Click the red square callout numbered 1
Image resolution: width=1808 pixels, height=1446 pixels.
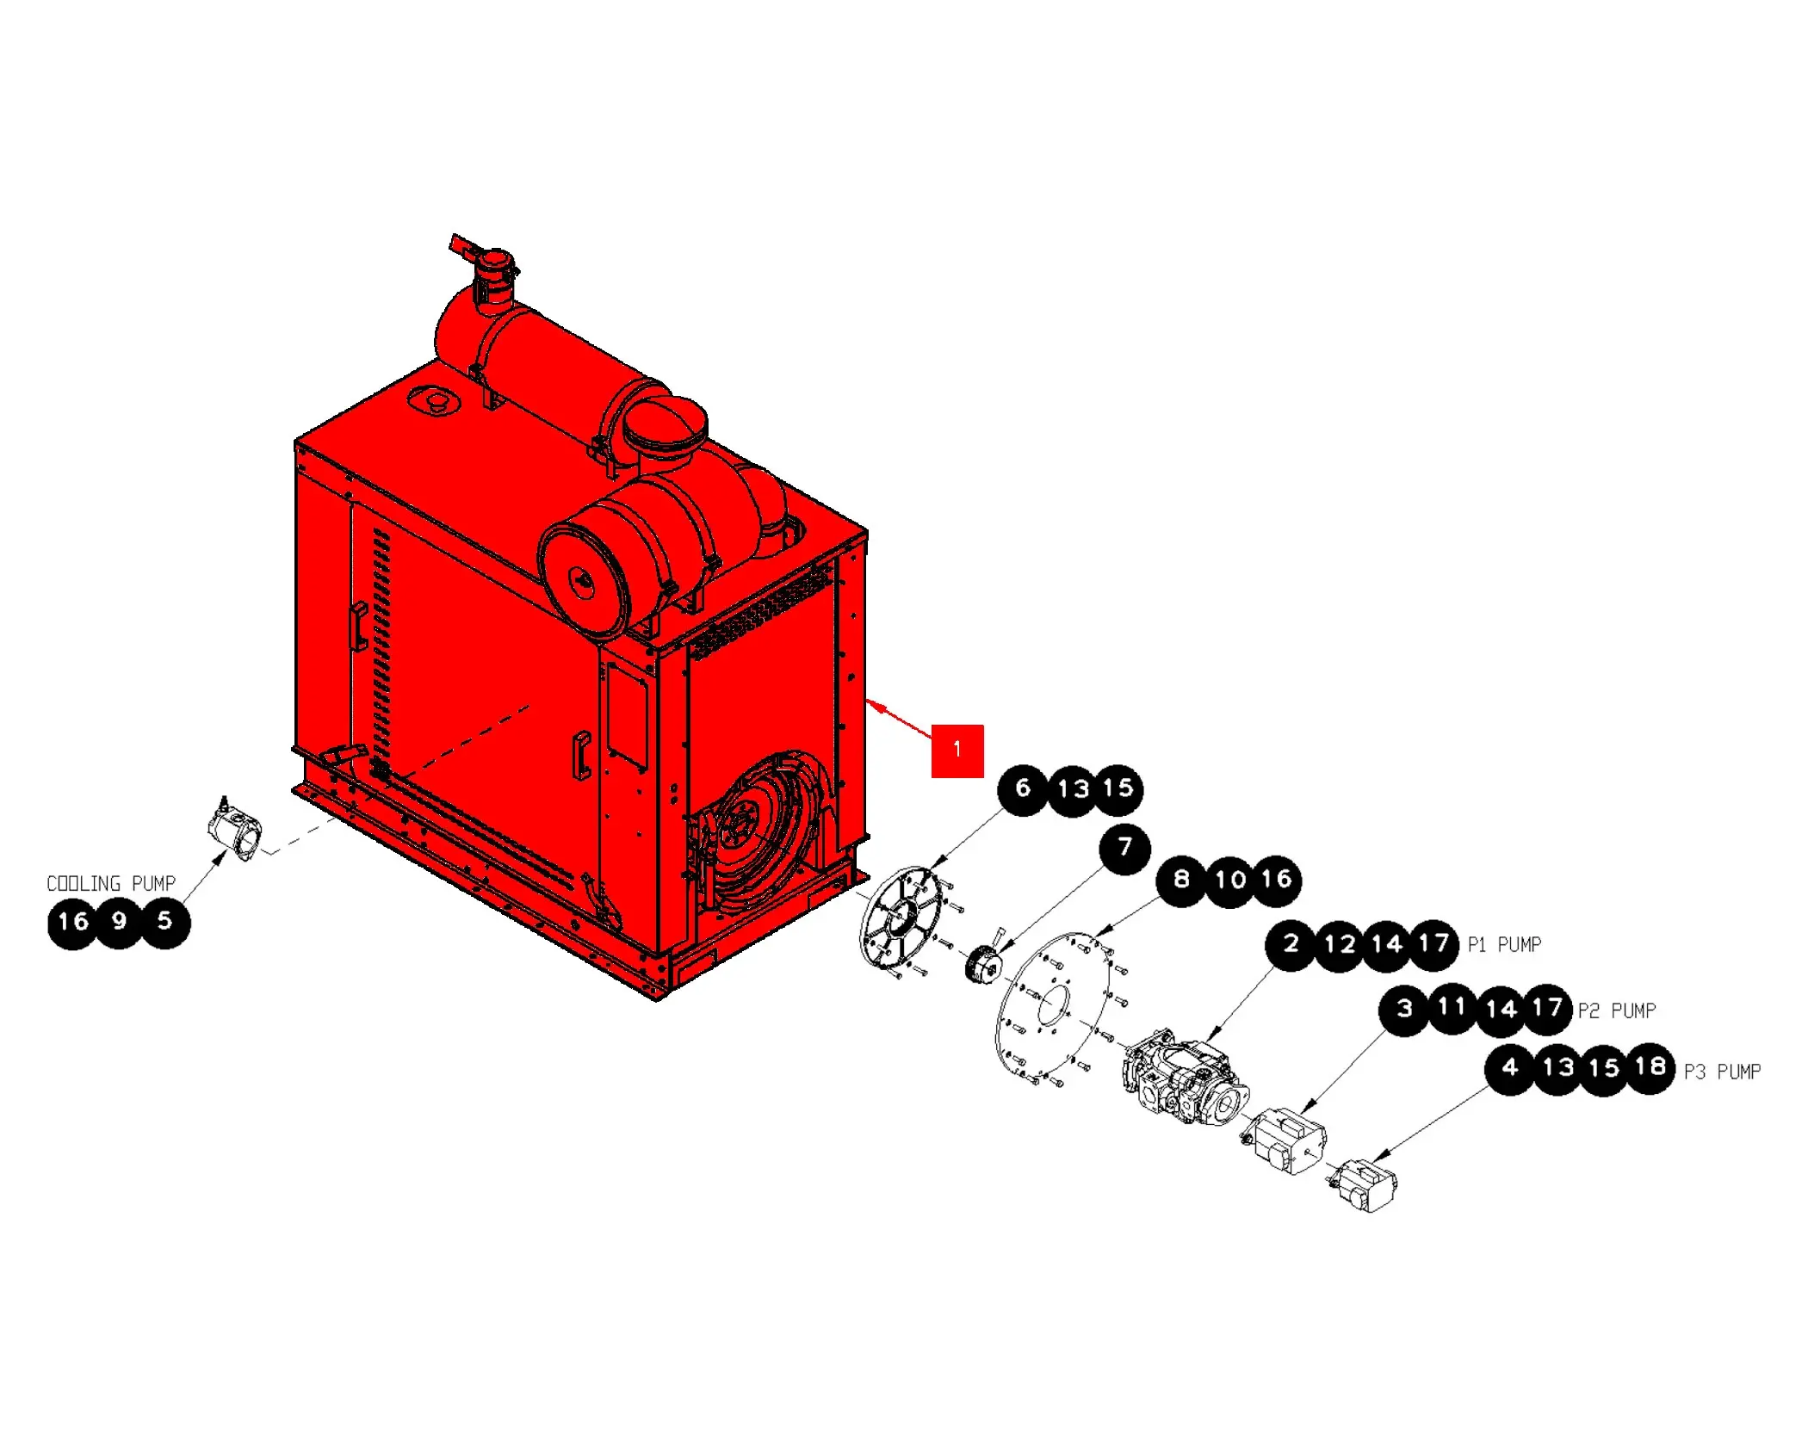pyautogui.click(x=957, y=751)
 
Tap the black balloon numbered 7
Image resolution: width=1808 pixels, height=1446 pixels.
pyautogui.click(x=1124, y=849)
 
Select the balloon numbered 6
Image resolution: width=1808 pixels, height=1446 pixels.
pyautogui.click(x=1023, y=789)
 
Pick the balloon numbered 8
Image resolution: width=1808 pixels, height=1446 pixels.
pyautogui.click(x=1181, y=881)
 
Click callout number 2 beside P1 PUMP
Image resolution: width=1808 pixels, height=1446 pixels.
pyautogui.click(x=1291, y=945)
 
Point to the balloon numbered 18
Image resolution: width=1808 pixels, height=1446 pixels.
pyautogui.click(x=1650, y=1068)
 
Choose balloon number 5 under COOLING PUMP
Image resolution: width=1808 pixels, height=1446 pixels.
pyautogui.click(x=164, y=923)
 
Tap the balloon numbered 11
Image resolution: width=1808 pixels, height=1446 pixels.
pyautogui.click(x=1452, y=1008)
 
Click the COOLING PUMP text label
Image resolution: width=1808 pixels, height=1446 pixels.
pyautogui.click(x=111, y=884)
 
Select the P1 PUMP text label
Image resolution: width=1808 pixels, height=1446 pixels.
pyautogui.click(x=1504, y=945)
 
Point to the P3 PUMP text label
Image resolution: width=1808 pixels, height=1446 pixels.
pyautogui.click(x=1722, y=1072)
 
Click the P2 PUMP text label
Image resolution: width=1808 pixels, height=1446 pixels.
pyautogui.click(x=1617, y=1010)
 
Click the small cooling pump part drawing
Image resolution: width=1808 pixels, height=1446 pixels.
pyautogui.click(x=234, y=828)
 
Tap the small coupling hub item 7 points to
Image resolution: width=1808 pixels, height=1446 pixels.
pyautogui.click(x=984, y=961)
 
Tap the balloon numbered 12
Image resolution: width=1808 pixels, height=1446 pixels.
pyautogui.click(x=1340, y=946)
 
